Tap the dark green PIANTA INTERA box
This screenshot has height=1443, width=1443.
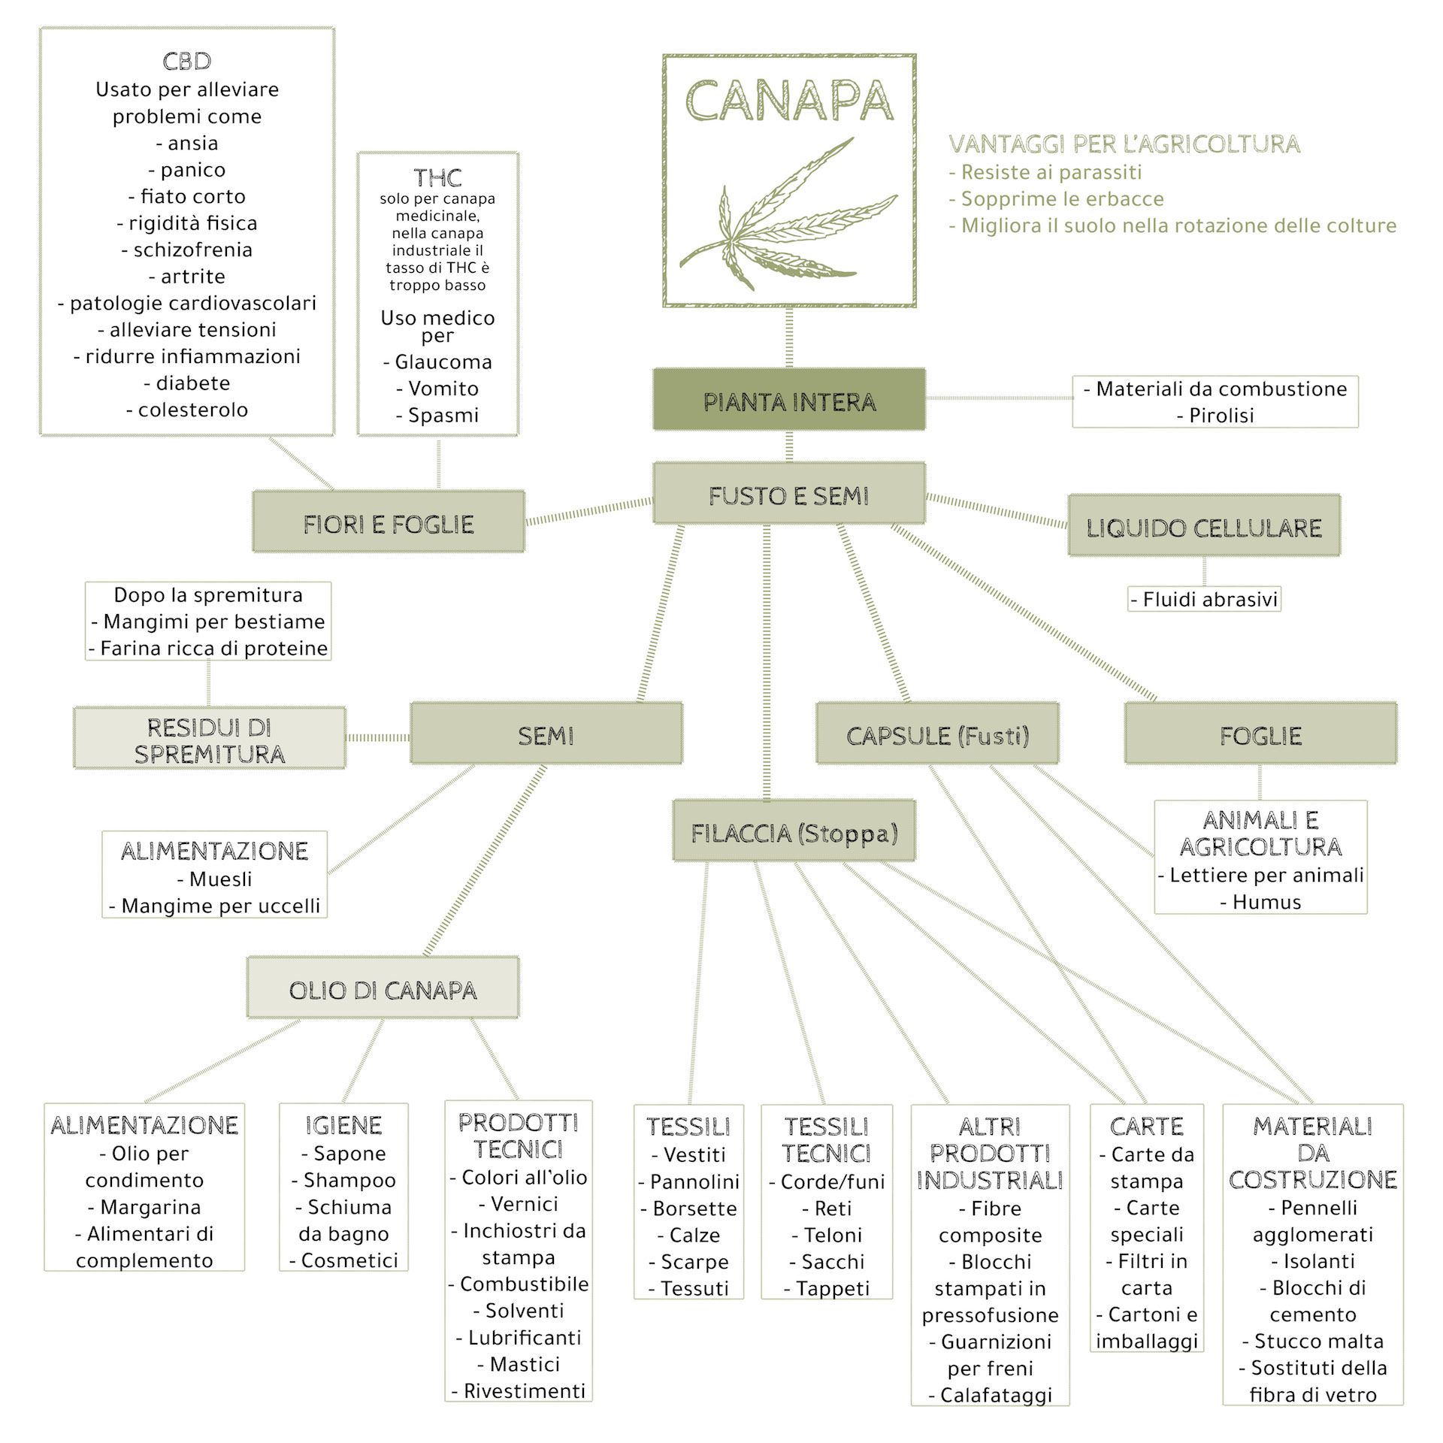tap(789, 400)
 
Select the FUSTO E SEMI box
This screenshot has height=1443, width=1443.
tap(789, 494)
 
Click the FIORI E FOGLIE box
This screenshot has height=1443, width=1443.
tap(389, 522)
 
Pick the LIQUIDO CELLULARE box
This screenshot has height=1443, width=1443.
tap(1204, 526)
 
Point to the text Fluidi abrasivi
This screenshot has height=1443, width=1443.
tap(1210, 599)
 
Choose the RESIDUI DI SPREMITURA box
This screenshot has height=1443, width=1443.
tap(210, 739)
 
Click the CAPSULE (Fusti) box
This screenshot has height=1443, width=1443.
tap(938, 734)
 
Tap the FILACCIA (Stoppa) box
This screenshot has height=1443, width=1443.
tap(794, 831)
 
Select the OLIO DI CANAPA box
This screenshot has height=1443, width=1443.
tap(383, 988)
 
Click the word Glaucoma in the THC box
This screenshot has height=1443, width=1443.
tap(443, 362)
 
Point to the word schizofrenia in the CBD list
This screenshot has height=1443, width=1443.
tap(193, 250)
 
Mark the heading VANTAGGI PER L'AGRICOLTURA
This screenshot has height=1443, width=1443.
tap(1124, 144)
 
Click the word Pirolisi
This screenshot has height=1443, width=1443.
tap(1221, 415)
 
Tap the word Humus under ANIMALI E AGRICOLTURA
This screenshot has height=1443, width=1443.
tap(1266, 901)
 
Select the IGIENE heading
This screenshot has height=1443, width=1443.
tap(343, 1124)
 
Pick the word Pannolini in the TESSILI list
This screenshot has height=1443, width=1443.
tap(694, 1181)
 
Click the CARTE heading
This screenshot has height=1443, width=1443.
tap(1147, 1126)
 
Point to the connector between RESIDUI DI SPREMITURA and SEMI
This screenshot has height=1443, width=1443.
tap(378, 737)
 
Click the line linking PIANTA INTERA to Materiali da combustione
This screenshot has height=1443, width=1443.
tap(1000, 398)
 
